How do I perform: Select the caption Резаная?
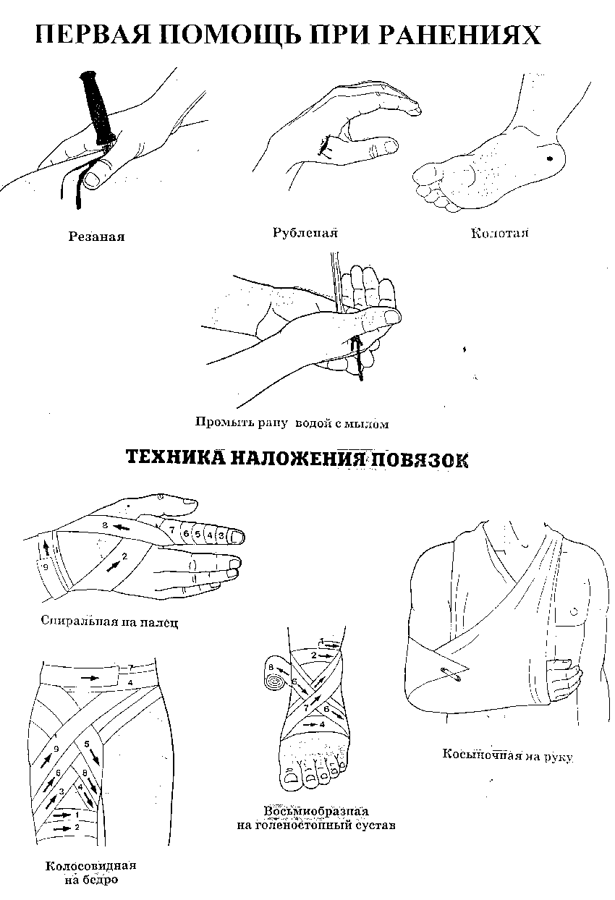coord(96,237)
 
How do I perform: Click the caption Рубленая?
coord(305,233)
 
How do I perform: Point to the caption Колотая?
coord(500,234)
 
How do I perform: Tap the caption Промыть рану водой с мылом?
coord(292,423)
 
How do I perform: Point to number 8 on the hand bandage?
coord(105,525)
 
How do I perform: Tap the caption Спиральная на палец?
coord(109,621)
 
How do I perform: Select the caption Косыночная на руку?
coord(508,755)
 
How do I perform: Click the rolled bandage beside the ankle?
coord(276,681)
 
